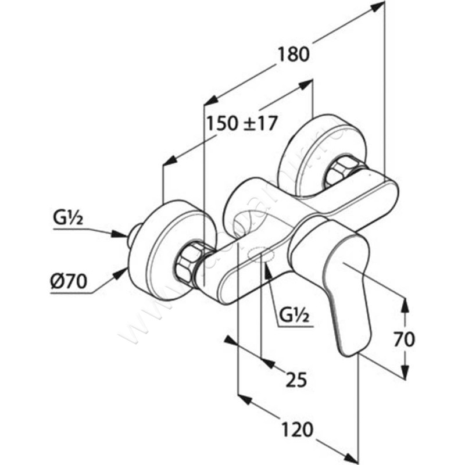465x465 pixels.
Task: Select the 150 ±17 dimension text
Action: click(240, 123)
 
